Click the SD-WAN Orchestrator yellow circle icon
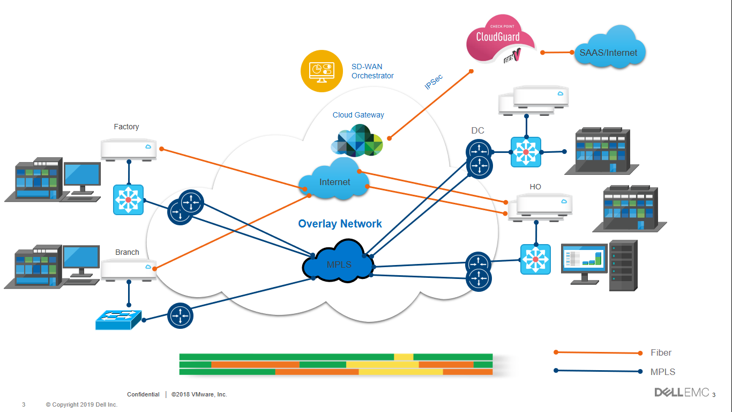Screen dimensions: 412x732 [322, 71]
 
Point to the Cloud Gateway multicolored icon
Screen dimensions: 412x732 [357, 141]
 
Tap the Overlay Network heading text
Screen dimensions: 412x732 [340, 224]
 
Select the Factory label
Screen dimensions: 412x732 [126, 127]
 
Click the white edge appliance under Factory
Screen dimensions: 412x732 [129, 149]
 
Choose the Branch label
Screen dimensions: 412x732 [127, 252]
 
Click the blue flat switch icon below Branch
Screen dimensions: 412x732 [118, 320]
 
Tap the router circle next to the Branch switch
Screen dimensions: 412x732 [180, 315]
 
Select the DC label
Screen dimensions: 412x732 [477, 130]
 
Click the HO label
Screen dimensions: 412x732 [535, 187]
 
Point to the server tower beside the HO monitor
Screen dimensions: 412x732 [623, 265]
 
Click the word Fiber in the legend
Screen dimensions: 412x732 [661, 352]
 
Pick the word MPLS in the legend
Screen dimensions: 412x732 [662, 372]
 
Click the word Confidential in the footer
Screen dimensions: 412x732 [143, 394]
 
